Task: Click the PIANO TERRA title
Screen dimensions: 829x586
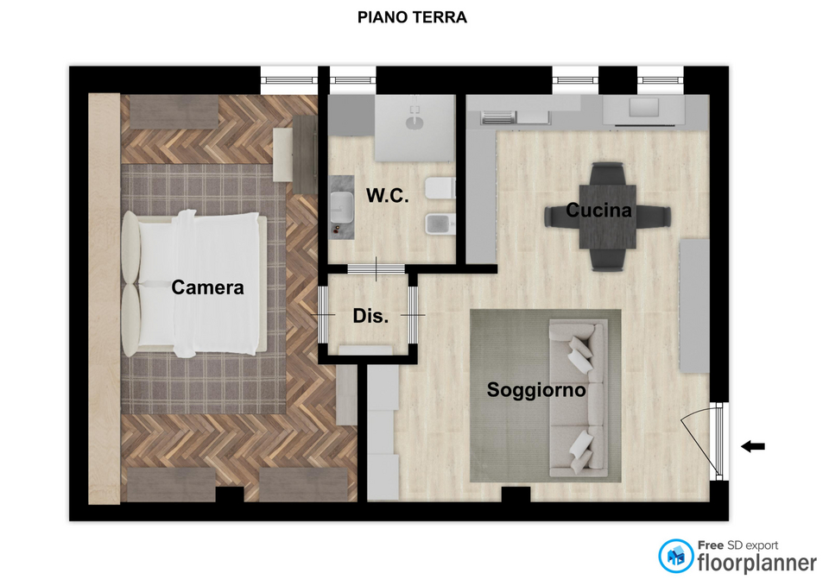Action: point(412,17)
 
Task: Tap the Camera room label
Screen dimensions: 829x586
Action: point(207,287)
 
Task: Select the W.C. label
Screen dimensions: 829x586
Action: point(388,196)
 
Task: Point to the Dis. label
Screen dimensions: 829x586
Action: point(370,316)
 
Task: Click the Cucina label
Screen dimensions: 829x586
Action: point(598,211)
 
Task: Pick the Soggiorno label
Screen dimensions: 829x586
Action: point(536,390)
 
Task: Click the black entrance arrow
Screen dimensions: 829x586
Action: point(753,446)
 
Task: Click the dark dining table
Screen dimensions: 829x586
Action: point(607,217)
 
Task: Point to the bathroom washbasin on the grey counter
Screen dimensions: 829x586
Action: point(342,206)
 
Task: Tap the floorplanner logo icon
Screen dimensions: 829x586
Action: point(675,556)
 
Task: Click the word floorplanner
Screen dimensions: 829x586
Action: point(757,563)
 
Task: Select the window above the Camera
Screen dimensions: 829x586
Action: point(288,80)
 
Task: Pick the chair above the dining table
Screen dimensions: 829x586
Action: point(608,173)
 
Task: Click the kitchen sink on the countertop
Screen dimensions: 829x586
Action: point(643,107)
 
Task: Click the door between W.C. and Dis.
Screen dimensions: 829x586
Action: point(376,269)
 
